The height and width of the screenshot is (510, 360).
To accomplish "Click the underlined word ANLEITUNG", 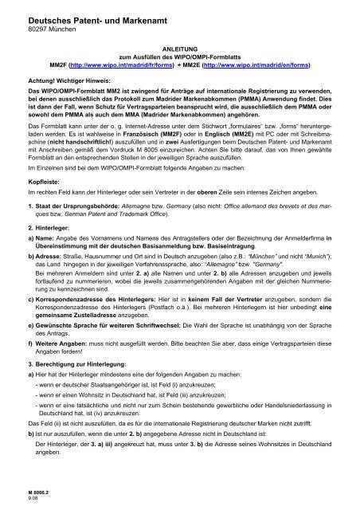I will tap(179, 47).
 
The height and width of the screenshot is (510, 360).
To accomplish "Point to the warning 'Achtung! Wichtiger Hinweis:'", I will tap(66, 81).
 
